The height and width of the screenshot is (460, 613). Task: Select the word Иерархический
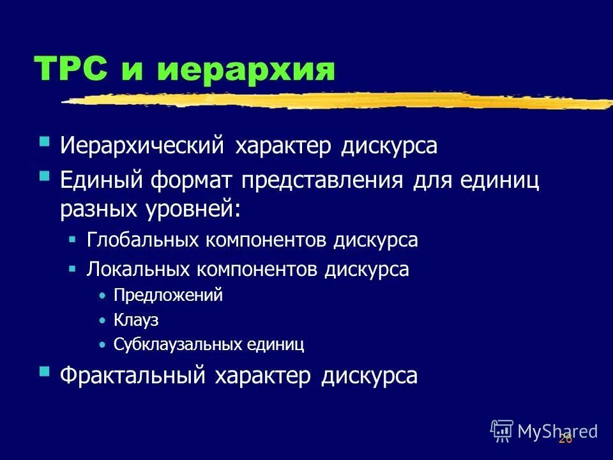(142, 146)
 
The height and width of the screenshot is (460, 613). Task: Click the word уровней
(194, 209)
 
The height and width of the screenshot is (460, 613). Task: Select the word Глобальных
(142, 240)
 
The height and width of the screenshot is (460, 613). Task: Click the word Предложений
(168, 296)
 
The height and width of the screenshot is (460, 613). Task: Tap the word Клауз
(136, 320)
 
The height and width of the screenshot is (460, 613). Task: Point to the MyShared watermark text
(557, 431)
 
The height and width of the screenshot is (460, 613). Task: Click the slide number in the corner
(564, 438)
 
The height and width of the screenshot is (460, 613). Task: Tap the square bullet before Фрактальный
(44, 371)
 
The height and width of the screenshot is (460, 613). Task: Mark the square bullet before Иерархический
(44, 141)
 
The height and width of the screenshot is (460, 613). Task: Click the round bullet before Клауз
(102, 321)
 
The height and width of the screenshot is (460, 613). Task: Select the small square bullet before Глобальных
(72, 240)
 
